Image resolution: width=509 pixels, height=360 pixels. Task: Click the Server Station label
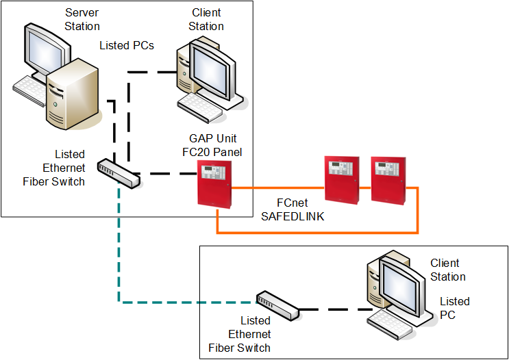(x=82, y=20)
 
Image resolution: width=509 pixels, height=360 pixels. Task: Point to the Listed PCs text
(x=127, y=46)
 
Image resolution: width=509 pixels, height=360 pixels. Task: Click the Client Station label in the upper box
(x=206, y=20)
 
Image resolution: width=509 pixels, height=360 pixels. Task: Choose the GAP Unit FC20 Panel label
(x=216, y=145)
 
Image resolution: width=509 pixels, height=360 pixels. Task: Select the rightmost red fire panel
(x=387, y=179)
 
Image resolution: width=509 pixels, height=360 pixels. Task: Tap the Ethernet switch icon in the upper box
(x=119, y=174)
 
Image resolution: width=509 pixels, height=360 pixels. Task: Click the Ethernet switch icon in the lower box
(x=277, y=305)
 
